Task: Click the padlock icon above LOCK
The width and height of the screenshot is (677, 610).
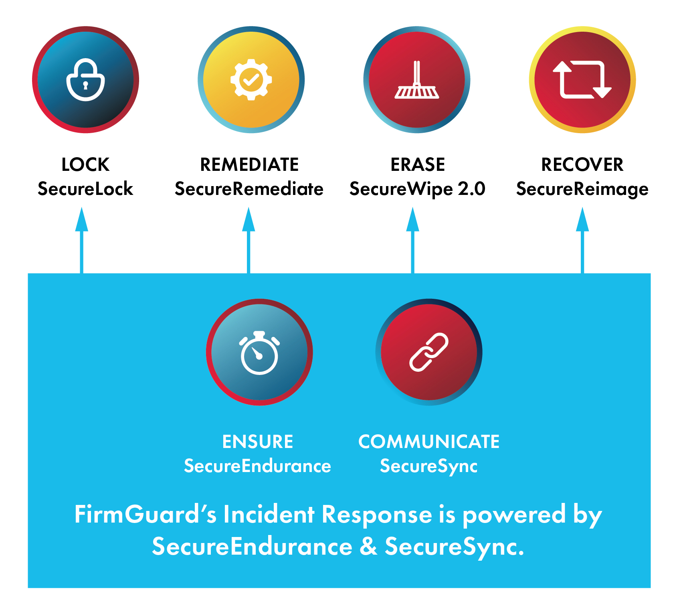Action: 85,80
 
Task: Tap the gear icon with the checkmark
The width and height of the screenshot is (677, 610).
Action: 251,79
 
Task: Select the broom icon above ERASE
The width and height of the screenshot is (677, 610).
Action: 416,80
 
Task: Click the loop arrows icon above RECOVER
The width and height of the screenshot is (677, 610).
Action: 582,80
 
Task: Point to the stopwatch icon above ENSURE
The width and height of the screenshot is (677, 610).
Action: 259,353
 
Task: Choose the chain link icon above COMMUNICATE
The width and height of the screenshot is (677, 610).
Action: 428,352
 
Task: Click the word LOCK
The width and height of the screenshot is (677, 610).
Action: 85,164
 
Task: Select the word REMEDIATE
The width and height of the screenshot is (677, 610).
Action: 249,164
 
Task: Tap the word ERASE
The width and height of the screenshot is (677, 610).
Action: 418,164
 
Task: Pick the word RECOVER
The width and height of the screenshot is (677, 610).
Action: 582,164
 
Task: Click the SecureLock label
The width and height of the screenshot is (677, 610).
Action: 85,189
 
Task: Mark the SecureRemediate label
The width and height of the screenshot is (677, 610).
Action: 249,189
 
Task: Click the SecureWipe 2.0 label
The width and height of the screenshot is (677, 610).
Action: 417,189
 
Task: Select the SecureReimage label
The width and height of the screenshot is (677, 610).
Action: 582,189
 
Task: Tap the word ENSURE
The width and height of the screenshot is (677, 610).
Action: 258,442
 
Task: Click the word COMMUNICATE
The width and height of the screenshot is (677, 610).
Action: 428,442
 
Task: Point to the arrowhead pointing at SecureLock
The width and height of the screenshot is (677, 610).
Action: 82,220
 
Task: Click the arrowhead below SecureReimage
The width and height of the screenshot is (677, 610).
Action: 582,220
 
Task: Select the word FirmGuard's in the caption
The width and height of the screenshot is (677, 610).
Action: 145,515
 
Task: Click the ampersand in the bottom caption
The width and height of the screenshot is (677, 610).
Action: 368,546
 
